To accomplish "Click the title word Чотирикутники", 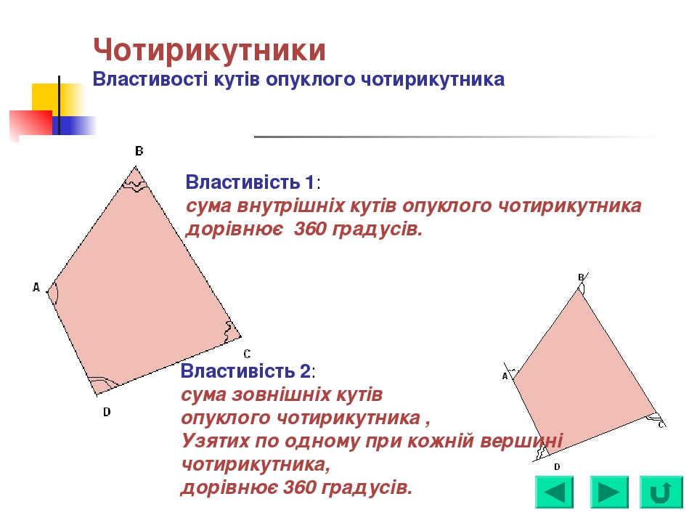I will [209, 51].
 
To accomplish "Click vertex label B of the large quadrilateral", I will [139, 151].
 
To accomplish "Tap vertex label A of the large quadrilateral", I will [36, 288].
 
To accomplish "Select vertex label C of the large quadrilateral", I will [247, 354].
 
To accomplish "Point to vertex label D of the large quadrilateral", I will [107, 412].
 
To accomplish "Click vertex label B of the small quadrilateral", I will [581, 277].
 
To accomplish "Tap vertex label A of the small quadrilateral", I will [505, 376].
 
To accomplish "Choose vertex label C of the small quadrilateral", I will [661, 424].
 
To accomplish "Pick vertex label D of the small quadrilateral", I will [557, 466].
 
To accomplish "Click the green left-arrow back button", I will [554, 492].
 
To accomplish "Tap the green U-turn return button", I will [661, 492].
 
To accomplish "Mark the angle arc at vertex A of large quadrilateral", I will [54, 293].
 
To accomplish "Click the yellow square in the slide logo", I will [45, 97].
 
